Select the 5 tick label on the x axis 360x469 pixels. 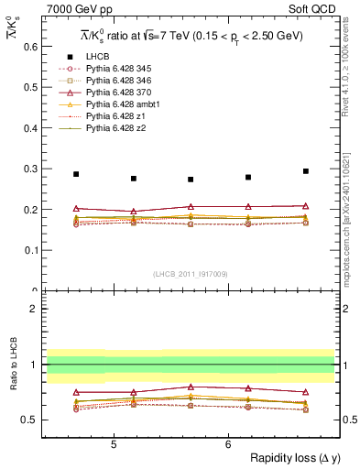[113, 444]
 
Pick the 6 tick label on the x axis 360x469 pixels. [227, 444]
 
